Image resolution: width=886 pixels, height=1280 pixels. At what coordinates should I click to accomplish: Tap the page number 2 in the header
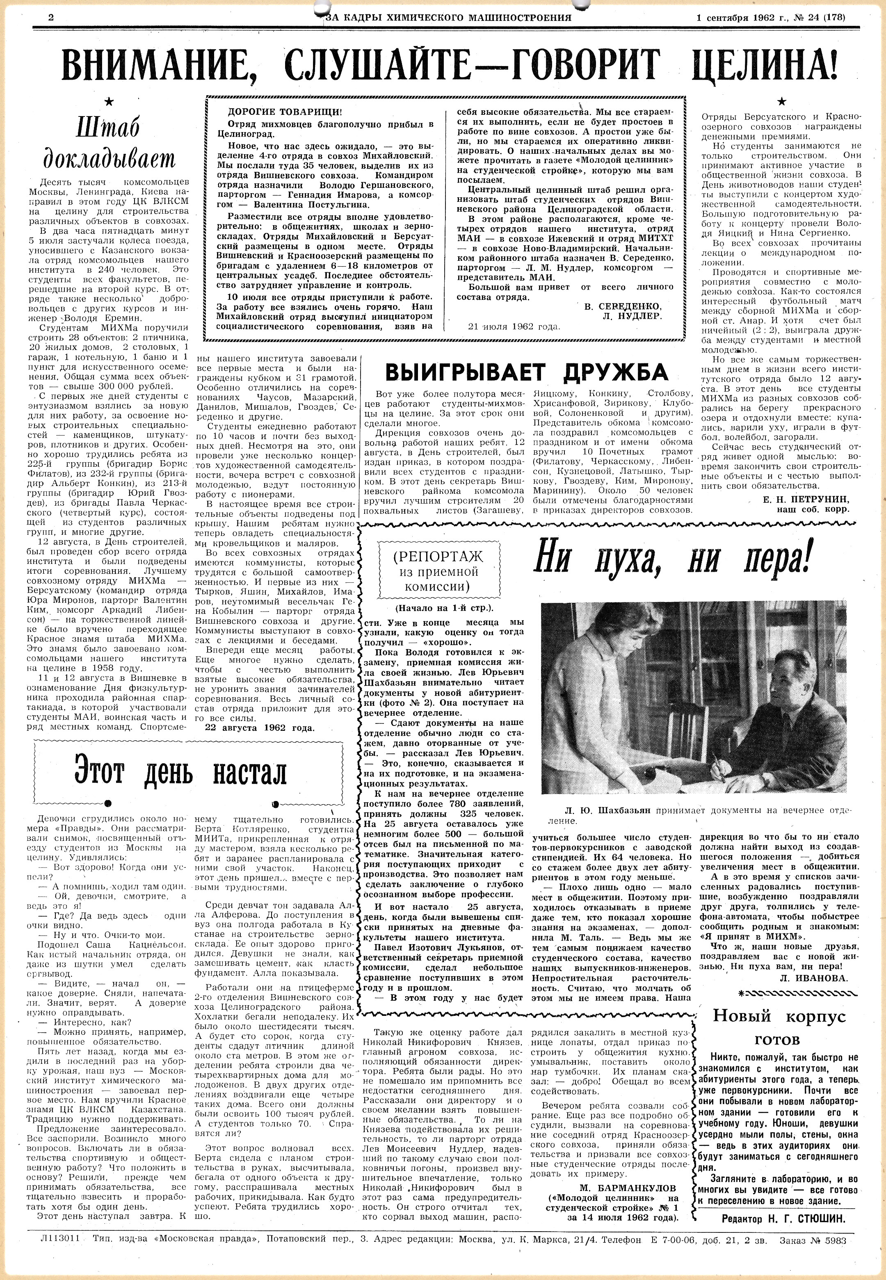pyautogui.click(x=51, y=17)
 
